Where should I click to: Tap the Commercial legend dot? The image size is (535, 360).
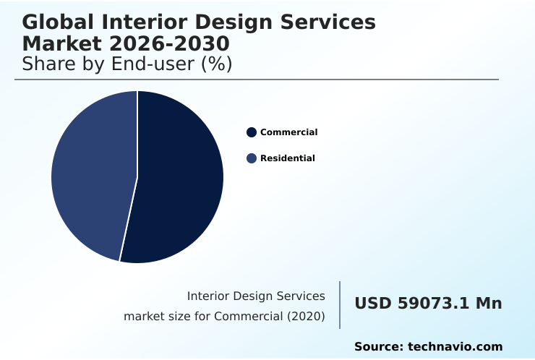click(x=252, y=132)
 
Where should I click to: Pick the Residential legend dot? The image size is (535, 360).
click(x=252, y=158)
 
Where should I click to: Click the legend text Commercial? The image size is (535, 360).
click(x=288, y=132)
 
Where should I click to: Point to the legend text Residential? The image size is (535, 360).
click(x=287, y=158)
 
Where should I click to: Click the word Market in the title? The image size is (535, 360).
click(x=60, y=43)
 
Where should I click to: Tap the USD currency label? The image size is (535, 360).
click(x=373, y=304)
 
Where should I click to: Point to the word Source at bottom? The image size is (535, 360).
click(x=377, y=347)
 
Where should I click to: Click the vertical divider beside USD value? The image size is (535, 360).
click(x=340, y=305)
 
